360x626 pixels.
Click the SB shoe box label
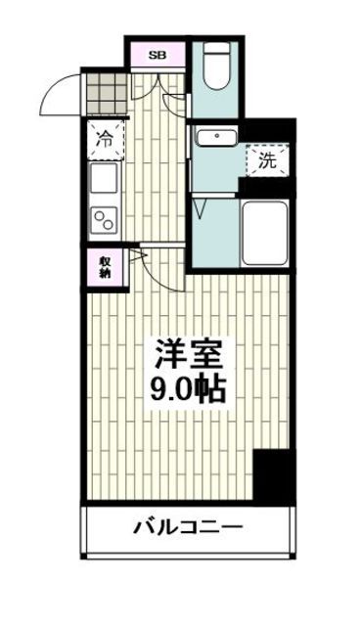157,55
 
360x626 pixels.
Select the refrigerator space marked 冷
104,139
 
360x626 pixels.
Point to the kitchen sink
104,179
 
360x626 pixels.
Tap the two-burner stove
104,219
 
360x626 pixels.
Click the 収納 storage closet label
104,268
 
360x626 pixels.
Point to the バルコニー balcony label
187,529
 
